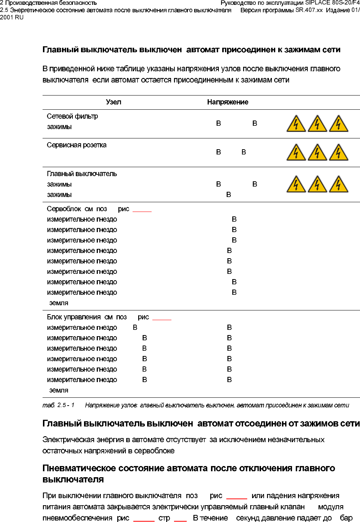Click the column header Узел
coord(114,102)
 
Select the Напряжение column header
coord(227,102)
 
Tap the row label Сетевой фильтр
coord(72,116)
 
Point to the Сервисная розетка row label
coord(77,145)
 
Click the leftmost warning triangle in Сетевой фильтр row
coord(296,124)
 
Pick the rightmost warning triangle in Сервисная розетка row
coord(338,153)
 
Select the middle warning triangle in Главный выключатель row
coord(317,184)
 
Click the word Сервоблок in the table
coord(64,209)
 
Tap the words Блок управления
coord(74,317)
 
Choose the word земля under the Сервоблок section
coord(59,303)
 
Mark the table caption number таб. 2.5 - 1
coord(58,405)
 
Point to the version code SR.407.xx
coord(309,10)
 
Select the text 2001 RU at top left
coord(12,18)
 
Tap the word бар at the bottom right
coord(346,518)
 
